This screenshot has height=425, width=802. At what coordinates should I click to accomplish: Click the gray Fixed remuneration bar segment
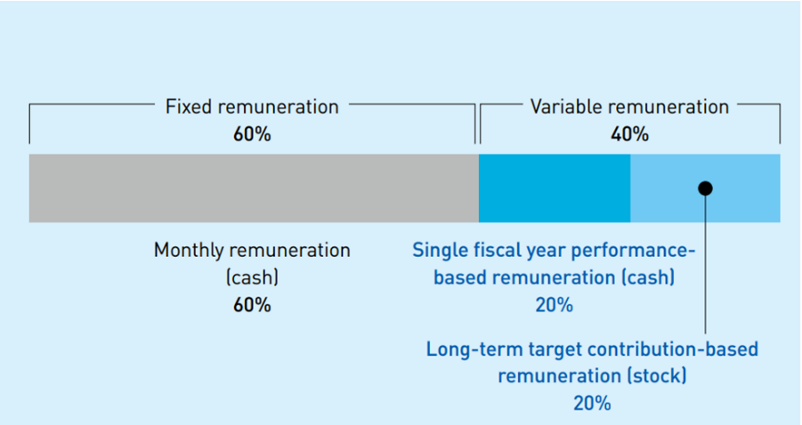point(254,188)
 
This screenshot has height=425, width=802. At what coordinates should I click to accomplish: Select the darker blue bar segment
point(555,188)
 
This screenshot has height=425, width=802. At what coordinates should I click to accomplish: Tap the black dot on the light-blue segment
point(705,188)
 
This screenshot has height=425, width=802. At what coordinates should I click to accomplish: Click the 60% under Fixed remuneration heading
point(252,134)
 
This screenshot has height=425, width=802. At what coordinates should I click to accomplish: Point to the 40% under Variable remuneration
point(629,134)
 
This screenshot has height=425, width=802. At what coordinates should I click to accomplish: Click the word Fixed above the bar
point(189,107)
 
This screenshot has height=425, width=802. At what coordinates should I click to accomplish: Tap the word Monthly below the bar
point(189,251)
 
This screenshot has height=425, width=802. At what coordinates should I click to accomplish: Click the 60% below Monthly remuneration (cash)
point(252,305)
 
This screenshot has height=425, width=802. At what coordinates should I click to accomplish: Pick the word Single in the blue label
point(435,251)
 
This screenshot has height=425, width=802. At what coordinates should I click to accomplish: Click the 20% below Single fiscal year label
point(555,305)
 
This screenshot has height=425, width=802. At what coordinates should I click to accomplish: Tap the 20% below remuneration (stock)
point(592,404)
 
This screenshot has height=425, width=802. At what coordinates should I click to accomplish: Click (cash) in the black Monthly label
point(252,278)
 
